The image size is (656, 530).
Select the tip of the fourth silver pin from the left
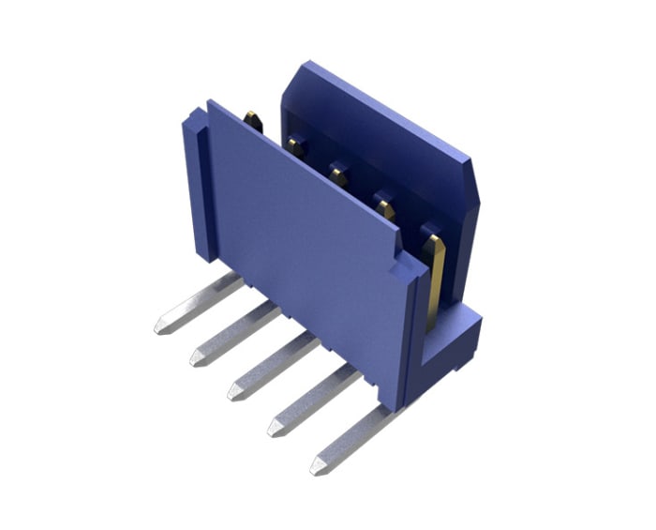coord(275,430)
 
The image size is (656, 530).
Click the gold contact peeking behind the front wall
coord(252,119)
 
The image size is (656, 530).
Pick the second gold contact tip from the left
coord(296,144)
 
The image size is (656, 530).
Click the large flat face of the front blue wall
coord(300,244)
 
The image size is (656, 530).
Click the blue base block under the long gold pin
coord(459,342)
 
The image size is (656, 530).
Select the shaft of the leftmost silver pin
coord(201,300)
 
